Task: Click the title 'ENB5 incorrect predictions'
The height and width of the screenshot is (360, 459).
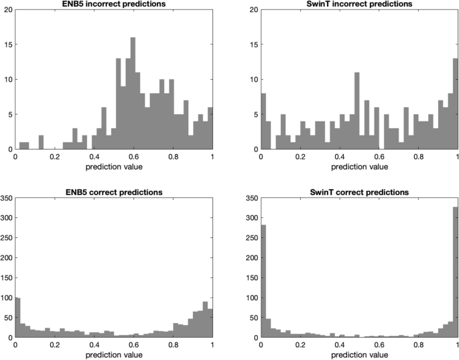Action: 114,4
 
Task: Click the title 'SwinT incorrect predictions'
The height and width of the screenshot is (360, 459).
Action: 359,4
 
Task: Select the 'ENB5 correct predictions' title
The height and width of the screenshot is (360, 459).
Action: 114,192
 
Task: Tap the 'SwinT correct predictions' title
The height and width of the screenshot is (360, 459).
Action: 359,192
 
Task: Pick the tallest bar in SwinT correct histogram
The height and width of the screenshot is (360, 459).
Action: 456,282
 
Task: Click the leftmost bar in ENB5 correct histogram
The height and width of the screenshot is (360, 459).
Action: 18,318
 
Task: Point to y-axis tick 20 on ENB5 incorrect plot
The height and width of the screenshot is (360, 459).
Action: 8,10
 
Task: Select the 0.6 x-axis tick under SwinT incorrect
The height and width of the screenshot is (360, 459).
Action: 379,156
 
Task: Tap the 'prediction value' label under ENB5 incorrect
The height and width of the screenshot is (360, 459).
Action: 114,166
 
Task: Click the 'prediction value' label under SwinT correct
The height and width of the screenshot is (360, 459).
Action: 359,354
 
